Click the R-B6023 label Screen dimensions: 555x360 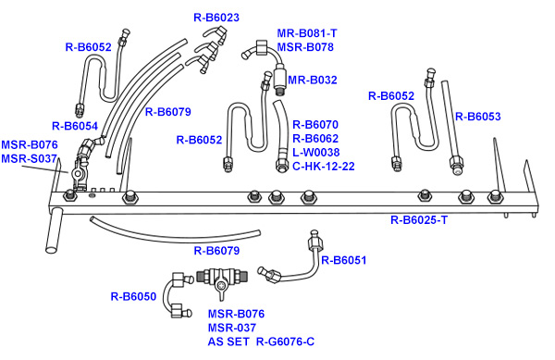(216, 18)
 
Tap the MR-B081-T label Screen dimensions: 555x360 (307, 33)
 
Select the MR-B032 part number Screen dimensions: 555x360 (313, 80)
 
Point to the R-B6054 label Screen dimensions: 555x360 (75, 126)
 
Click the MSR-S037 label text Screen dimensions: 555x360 (29, 158)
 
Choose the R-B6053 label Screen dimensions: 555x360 (478, 117)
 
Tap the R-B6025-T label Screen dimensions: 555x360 (419, 220)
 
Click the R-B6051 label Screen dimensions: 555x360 (344, 260)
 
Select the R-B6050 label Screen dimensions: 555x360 (133, 297)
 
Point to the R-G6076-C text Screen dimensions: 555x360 (285, 341)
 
